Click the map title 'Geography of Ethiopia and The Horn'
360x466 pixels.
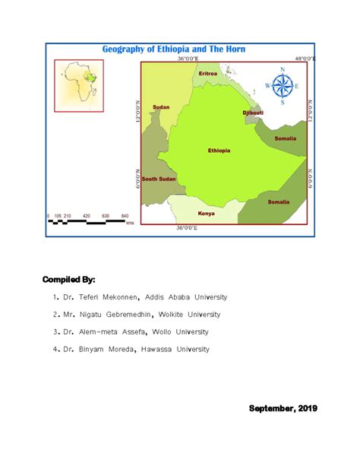179,49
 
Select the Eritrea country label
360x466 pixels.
207,74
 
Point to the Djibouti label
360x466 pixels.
251,113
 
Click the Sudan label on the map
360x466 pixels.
161,107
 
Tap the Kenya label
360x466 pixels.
206,214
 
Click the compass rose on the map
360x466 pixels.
283,86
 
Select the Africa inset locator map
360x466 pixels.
79,85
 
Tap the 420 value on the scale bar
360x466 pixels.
86,216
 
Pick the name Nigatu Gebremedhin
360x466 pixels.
118,314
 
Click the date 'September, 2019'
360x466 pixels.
283,408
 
